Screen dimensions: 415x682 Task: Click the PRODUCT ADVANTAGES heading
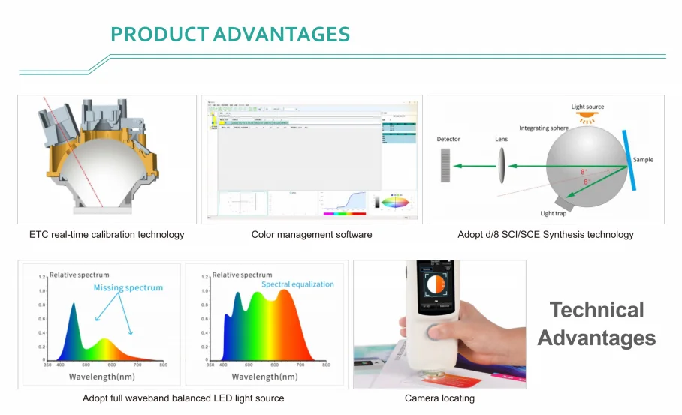pos(230,35)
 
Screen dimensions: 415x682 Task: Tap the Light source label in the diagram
pos(587,107)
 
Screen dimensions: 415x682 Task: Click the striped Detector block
pos(445,165)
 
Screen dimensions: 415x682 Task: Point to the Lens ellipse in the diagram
pos(501,165)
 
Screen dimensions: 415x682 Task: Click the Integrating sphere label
pos(544,128)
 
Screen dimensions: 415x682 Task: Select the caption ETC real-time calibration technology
pos(107,235)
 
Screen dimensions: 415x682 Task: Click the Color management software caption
pos(312,235)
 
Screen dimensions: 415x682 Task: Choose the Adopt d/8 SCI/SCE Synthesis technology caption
pos(545,235)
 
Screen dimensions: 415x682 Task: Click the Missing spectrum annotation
pos(128,288)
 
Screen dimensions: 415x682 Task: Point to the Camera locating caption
pos(439,398)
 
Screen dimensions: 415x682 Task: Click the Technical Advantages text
pos(596,324)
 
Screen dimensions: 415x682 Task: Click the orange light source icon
pos(588,118)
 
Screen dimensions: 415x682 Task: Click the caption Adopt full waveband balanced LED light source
pos(183,398)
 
